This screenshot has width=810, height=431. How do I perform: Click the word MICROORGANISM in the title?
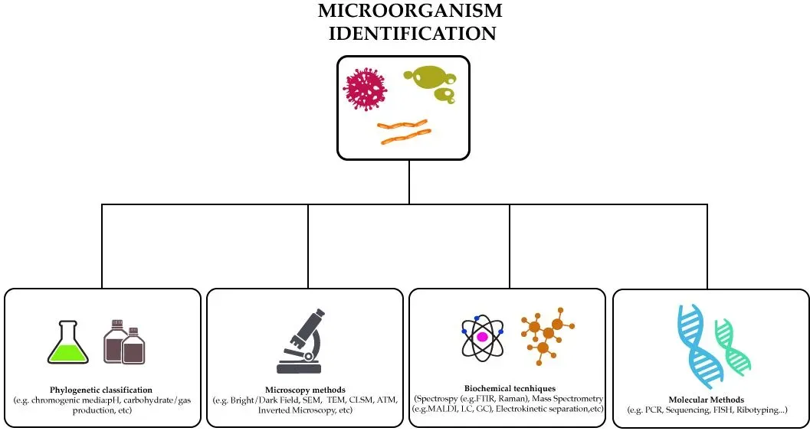[x=410, y=11]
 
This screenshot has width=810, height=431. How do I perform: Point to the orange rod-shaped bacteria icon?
[x=404, y=131]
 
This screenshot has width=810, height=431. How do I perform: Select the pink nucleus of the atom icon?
[x=483, y=336]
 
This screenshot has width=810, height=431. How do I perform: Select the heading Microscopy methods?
[x=305, y=390]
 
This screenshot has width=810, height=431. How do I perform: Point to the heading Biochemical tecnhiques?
[x=510, y=389]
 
